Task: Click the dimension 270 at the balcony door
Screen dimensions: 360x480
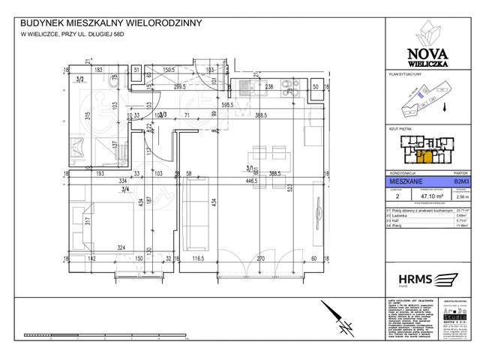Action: (x=261, y=259)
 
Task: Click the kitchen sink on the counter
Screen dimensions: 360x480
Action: (x=245, y=86)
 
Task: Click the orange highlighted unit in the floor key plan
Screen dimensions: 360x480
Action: (x=424, y=156)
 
